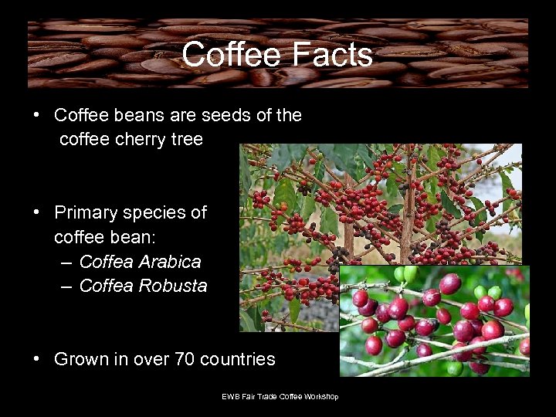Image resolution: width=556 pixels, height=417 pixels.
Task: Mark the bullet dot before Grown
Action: (x=37, y=359)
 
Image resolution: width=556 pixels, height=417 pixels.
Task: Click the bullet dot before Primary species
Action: (x=37, y=212)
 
